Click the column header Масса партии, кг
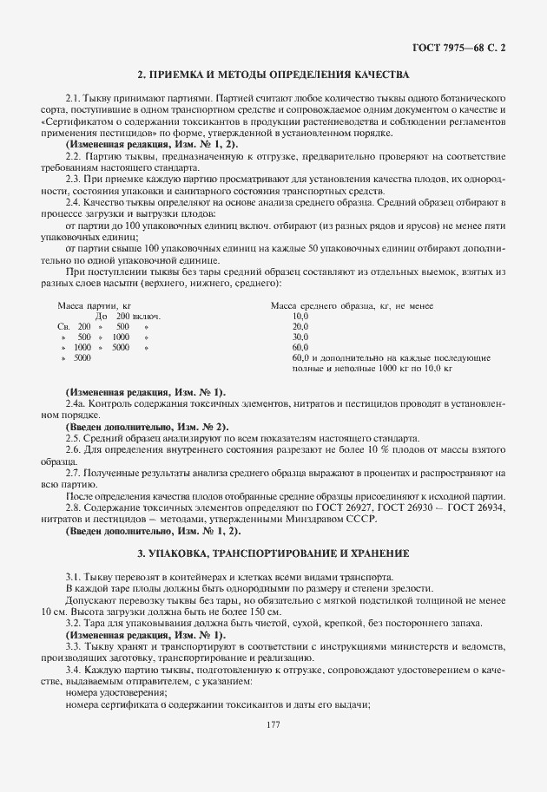94,305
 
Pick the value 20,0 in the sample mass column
301,326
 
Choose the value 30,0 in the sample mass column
301,337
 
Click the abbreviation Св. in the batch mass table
62,326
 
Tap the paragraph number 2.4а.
76,404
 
